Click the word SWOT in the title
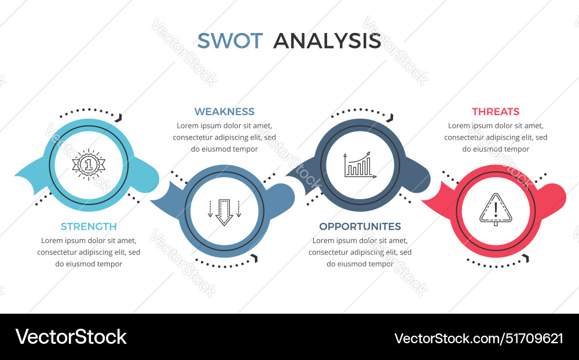pyautogui.click(x=230, y=41)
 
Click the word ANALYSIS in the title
pyautogui.click(x=327, y=41)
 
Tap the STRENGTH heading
pyautogui.click(x=89, y=226)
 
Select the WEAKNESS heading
pyautogui.click(x=224, y=112)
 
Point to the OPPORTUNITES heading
pyautogui.click(x=360, y=226)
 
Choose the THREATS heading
pyautogui.click(x=496, y=112)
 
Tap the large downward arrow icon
pyautogui.click(x=224, y=212)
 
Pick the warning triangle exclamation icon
pyautogui.click(x=496, y=210)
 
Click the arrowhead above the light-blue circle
pyautogui.click(x=119, y=117)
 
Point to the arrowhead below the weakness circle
pyautogui.click(x=253, y=258)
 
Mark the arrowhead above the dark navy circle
pyautogui.click(x=390, y=117)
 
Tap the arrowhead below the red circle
pyautogui.click(x=525, y=258)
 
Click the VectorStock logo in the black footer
pyautogui.click(x=71, y=337)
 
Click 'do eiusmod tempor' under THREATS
pyautogui.click(x=496, y=149)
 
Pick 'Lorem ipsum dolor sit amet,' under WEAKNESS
pyautogui.click(x=224, y=126)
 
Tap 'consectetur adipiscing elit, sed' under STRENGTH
pyautogui.click(x=89, y=252)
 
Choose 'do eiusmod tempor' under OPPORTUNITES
pyautogui.click(x=360, y=264)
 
